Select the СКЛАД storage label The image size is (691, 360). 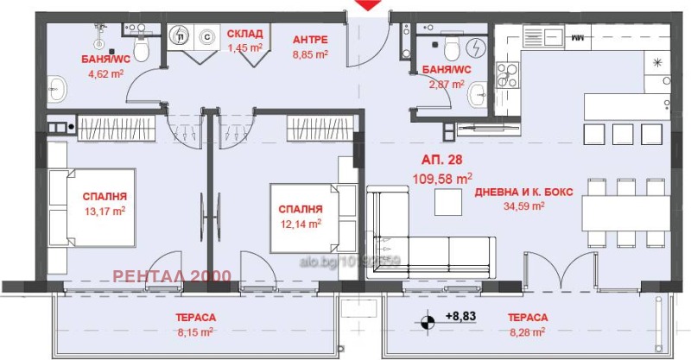pos(244,35)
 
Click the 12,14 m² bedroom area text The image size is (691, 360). pos(301,223)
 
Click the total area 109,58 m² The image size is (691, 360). pos(446,179)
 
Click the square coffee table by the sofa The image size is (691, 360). pos(447,201)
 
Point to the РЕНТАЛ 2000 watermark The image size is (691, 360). pos(173,276)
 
